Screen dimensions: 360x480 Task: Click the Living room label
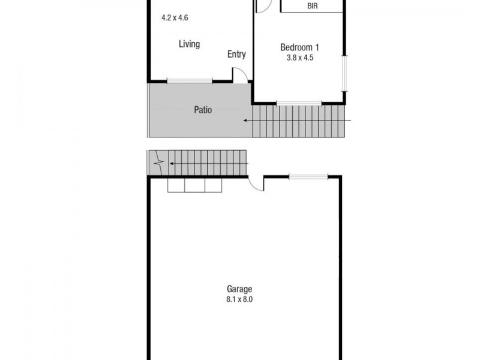pyautogui.click(x=189, y=44)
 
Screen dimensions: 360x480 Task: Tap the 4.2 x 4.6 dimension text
pyautogui.click(x=175, y=18)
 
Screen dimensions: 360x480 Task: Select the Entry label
pyautogui.click(x=236, y=55)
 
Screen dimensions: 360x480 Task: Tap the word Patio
pyautogui.click(x=203, y=110)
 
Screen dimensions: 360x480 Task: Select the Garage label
pyautogui.click(x=239, y=289)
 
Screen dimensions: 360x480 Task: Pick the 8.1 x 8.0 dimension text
pyautogui.click(x=239, y=299)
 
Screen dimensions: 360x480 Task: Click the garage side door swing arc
pyautogui.click(x=256, y=183)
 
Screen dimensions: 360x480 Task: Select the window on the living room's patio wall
pyautogui.click(x=189, y=81)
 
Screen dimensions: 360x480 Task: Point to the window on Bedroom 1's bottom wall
pyautogui.click(x=299, y=103)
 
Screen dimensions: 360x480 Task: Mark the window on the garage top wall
pyautogui.click(x=308, y=176)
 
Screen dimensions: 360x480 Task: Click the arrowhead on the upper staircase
pyautogui.click(x=245, y=120)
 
